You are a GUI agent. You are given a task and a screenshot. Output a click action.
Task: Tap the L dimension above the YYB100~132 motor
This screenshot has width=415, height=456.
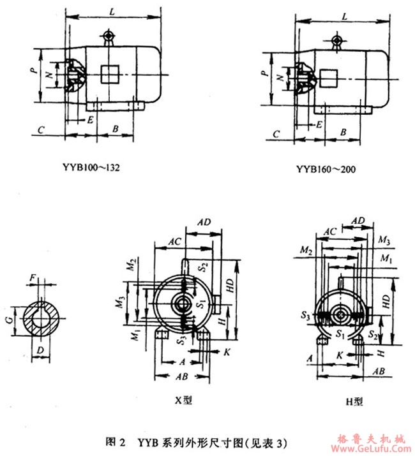112,11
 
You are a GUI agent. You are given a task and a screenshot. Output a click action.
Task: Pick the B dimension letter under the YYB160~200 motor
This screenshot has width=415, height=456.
343,131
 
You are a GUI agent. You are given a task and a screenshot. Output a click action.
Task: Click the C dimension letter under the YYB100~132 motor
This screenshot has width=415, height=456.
40,129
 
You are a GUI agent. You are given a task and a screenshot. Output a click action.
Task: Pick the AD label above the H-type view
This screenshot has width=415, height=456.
358,219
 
